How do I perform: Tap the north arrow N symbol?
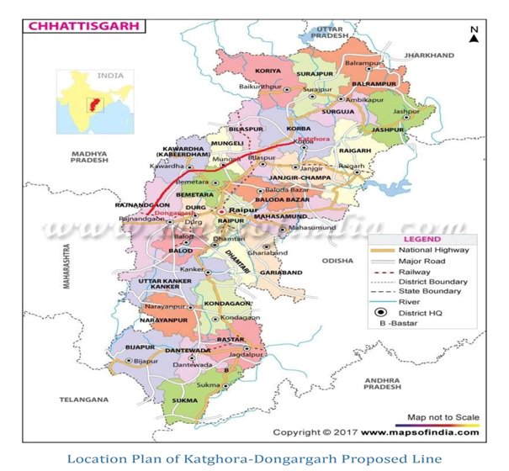(x=475, y=34)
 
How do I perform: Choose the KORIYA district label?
(x=267, y=71)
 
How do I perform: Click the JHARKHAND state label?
(x=428, y=55)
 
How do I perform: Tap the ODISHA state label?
(x=337, y=261)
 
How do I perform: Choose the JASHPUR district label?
(x=388, y=130)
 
